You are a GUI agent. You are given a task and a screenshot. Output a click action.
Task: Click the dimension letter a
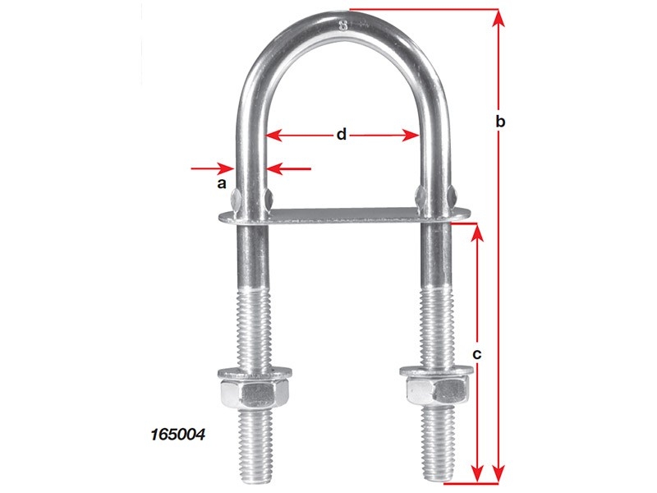(221, 184)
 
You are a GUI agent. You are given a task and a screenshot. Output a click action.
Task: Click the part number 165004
(177, 430)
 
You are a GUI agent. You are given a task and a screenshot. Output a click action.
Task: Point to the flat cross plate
(345, 215)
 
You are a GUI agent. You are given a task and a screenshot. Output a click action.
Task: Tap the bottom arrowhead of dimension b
(498, 474)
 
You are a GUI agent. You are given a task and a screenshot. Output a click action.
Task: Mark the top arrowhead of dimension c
(478, 230)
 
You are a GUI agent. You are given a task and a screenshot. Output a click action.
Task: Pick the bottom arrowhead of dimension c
(478, 474)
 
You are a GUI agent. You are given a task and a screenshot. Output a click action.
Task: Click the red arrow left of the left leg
(214, 168)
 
